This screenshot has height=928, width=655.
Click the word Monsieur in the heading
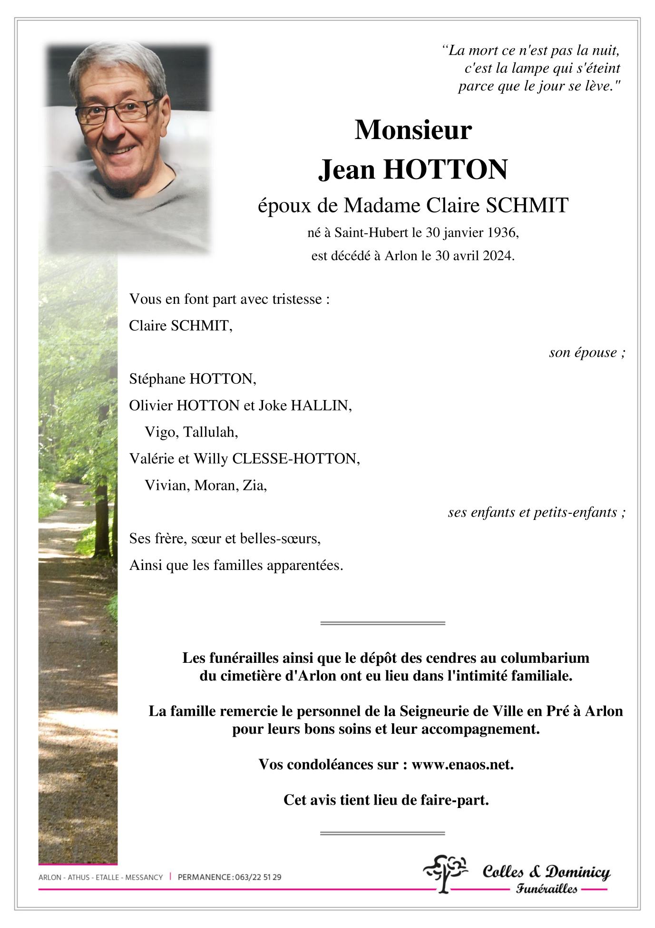coord(413,130)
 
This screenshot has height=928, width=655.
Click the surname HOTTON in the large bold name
coord(445,170)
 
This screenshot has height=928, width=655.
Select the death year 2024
coord(498,256)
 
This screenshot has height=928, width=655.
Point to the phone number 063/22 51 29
coord(258,877)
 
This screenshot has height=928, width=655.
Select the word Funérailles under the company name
coord(547,889)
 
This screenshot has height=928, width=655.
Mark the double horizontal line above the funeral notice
coord(382,623)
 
